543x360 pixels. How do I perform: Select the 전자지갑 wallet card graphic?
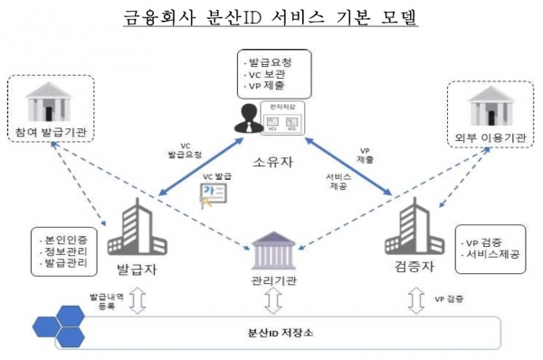[282, 119]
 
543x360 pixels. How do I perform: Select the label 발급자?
[132, 270]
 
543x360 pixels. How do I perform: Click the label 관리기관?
[271, 279]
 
